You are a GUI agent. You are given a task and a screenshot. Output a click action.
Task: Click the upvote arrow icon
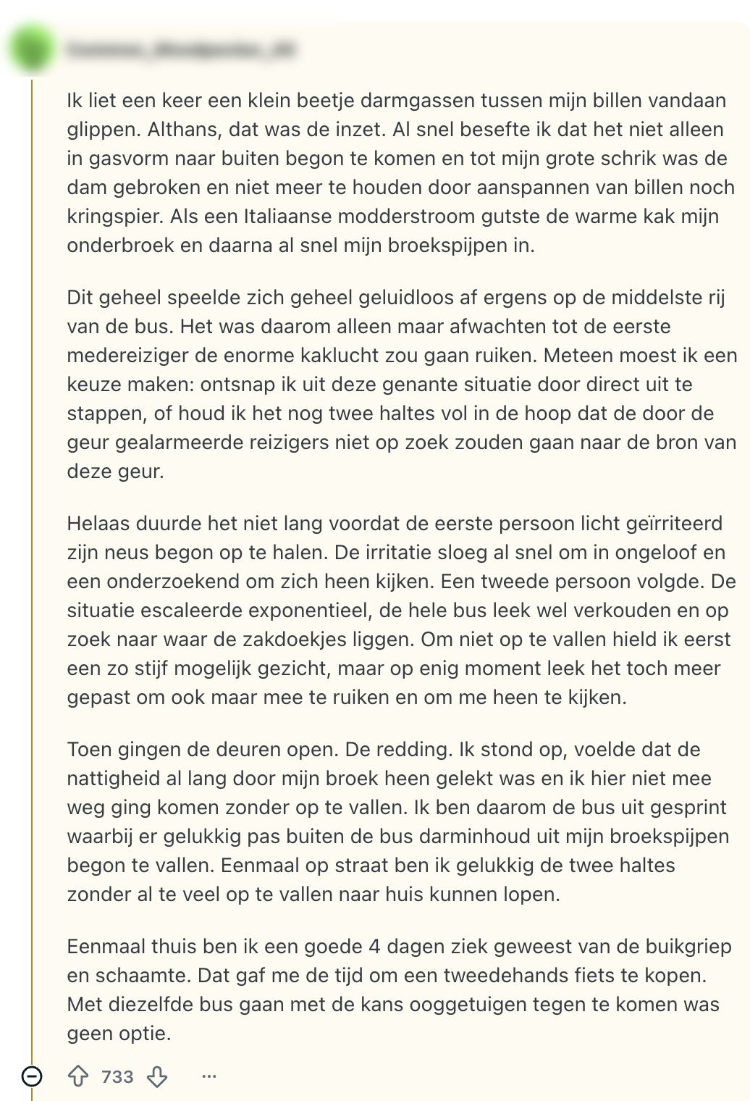[x=78, y=1076]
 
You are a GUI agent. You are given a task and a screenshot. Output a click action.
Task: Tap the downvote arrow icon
[x=157, y=1076]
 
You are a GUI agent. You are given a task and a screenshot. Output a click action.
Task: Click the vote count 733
[x=117, y=1076]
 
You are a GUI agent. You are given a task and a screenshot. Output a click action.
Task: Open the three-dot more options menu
[x=209, y=1076]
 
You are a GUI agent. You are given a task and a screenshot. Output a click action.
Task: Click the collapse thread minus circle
[x=32, y=1076]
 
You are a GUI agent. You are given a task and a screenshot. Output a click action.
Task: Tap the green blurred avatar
[x=32, y=49]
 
